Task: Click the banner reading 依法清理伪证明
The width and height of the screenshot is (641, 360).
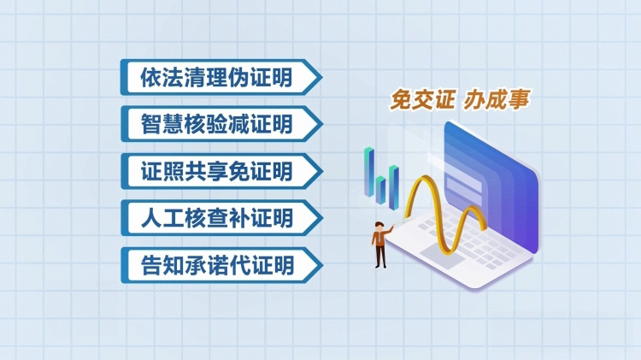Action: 221,77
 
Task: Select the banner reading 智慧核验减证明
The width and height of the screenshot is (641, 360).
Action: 221,124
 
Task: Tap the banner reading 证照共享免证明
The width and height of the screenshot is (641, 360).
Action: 221,171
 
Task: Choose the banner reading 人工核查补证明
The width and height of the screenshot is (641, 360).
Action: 221,218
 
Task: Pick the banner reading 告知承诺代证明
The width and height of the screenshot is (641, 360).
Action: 221,265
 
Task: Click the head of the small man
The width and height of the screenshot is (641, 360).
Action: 379,227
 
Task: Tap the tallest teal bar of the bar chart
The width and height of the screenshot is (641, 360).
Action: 369,172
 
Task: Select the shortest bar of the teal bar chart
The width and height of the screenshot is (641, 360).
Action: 380,190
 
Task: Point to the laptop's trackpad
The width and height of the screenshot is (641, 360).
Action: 443,255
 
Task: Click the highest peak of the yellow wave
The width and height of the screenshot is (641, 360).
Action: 425,178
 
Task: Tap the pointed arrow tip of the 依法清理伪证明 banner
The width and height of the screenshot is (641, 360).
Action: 321,77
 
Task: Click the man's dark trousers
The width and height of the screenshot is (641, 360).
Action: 380,256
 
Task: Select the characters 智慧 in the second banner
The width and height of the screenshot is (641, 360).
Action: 162,124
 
